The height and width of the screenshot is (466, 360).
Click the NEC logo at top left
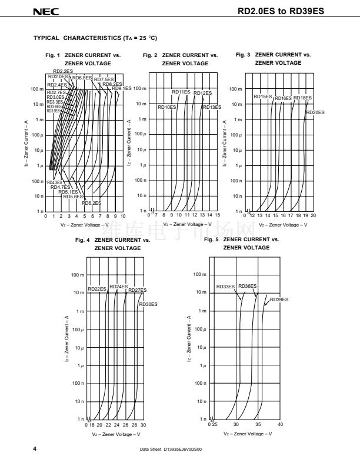[x=42, y=11]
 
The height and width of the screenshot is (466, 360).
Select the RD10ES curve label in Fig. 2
[x=166, y=107]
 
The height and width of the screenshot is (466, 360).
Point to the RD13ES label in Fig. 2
[x=212, y=107]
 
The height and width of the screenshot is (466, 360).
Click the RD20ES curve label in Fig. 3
[x=315, y=112]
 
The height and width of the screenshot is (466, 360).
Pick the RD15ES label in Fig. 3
[x=262, y=96]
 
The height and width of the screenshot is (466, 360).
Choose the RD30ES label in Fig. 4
[x=148, y=304]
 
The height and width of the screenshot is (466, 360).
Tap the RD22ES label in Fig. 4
[x=97, y=289]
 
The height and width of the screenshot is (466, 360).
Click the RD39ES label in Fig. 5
[x=279, y=299]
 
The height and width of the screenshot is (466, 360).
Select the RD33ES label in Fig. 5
[x=225, y=287]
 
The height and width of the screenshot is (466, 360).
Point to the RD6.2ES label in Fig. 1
[x=92, y=203]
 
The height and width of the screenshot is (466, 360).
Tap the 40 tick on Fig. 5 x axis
[x=280, y=424]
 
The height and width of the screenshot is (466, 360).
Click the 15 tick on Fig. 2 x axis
[x=218, y=216]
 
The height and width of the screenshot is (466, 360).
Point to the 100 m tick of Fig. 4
[x=78, y=275]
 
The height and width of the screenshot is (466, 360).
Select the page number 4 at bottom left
[x=36, y=449]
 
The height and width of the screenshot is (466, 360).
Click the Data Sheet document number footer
[x=171, y=450]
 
